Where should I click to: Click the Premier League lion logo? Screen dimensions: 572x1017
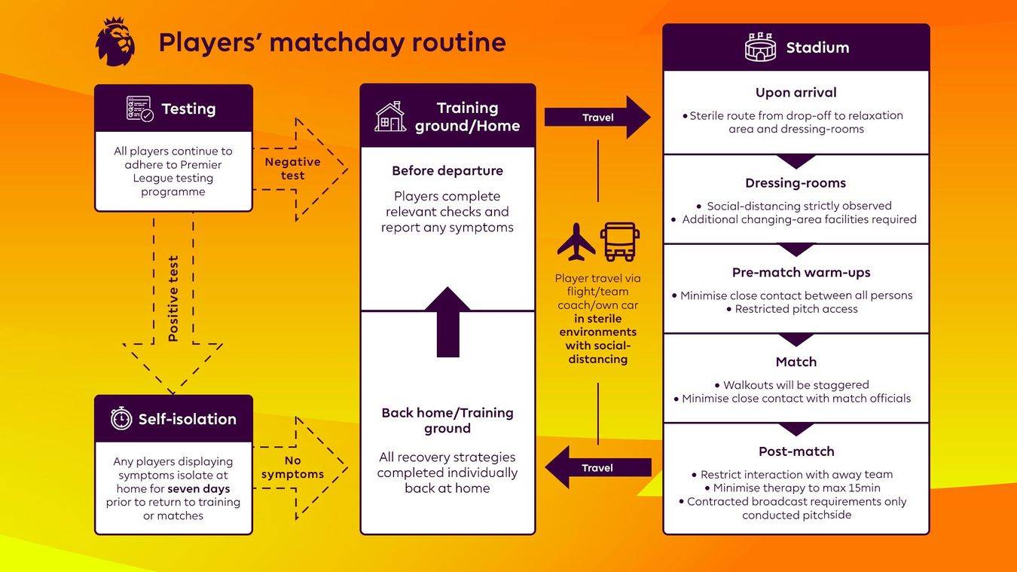[115, 41]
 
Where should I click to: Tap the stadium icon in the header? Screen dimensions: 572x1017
[760, 47]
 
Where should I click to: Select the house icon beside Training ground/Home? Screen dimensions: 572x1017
[390, 117]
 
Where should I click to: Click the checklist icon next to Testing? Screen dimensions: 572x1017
[139, 109]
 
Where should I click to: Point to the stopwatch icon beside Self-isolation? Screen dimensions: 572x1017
[121, 419]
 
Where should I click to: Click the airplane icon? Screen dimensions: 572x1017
[576, 241]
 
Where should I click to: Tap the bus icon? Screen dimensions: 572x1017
[619, 241]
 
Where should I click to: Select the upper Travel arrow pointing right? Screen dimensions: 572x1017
[597, 118]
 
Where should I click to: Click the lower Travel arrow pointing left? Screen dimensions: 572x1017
[597, 468]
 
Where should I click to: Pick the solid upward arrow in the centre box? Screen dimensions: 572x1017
[447, 322]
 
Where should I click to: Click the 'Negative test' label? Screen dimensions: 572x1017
[292, 169]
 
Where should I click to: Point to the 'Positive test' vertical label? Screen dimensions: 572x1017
[173, 298]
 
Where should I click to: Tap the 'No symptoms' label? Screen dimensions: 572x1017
[292, 467]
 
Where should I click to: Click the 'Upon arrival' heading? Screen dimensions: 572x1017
[796, 93]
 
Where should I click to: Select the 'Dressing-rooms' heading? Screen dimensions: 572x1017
[796, 183]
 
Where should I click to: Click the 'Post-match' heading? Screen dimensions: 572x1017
[796, 451]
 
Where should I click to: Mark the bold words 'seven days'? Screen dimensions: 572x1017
[199, 489]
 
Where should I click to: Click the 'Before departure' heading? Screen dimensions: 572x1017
[447, 171]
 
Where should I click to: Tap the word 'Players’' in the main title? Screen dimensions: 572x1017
[209, 42]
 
